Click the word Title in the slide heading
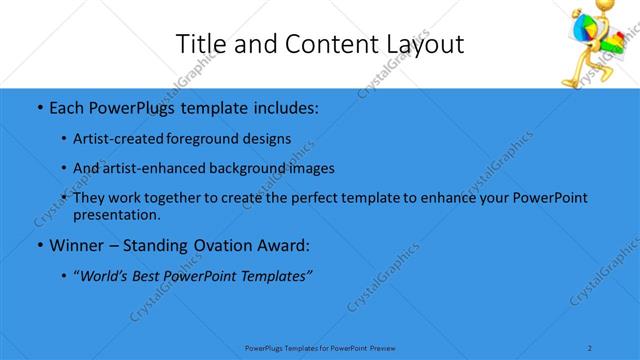tap(200, 44)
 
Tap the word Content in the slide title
tap(321, 44)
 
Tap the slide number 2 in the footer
tap(590, 348)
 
